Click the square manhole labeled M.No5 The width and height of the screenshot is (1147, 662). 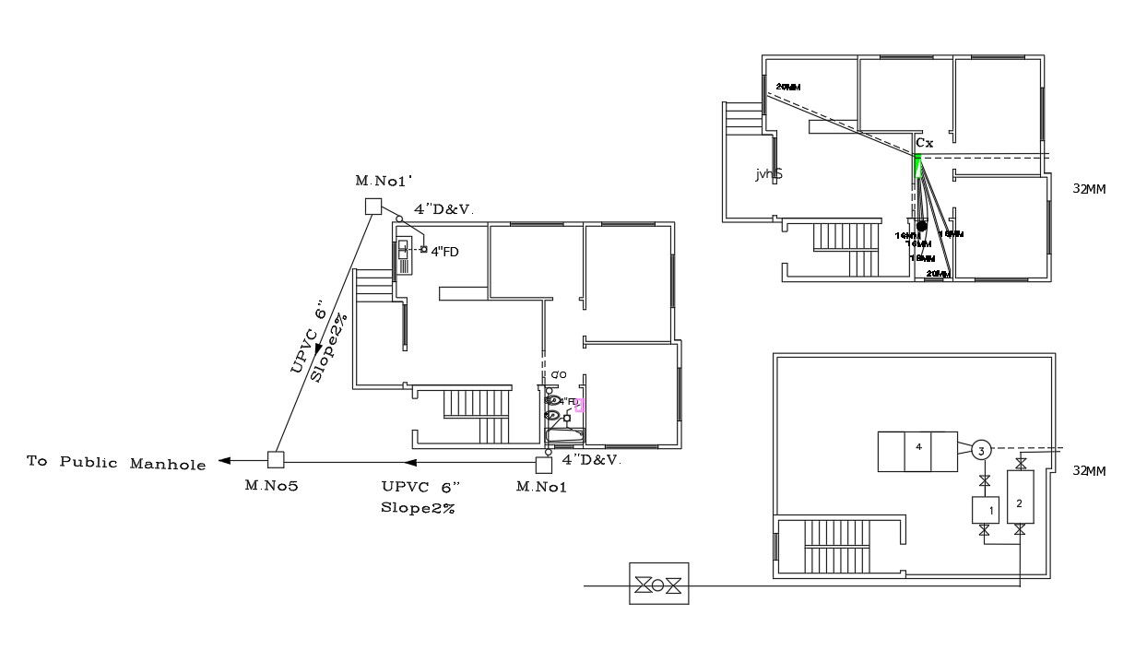pos(275,458)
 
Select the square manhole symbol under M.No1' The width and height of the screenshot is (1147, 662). pos(372,206)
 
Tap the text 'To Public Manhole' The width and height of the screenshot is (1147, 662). pos(116,463)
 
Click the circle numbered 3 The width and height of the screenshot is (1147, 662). pos(982,450)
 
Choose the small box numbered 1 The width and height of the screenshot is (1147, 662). pos(985,509)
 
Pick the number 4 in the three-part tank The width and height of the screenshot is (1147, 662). pos(918,447)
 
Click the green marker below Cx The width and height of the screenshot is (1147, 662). pos(917,166)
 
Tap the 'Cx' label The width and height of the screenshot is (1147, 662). pos(924,143)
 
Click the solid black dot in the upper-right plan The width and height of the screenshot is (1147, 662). pos(921,226)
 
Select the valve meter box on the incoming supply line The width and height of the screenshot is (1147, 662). pos(658,584)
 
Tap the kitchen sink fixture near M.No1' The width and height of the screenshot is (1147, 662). pos(405,256)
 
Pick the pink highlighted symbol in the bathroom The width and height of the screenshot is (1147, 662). pos(579,404)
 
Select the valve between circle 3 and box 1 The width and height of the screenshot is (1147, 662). pos(985,480)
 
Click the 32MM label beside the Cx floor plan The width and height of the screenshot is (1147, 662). pos(1089,189)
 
